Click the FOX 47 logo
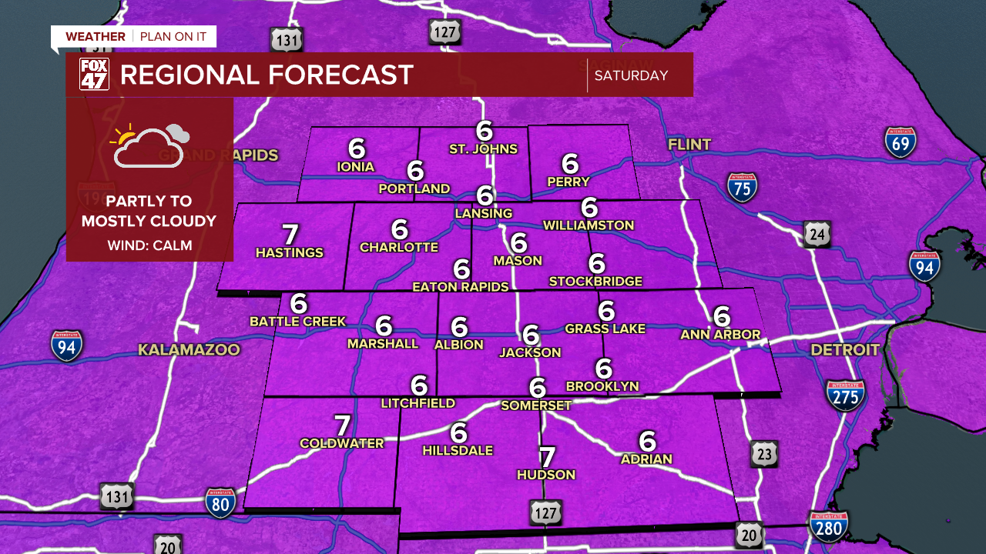coord(94,75)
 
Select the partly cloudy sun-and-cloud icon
coord(149,145)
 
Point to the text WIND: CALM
coord(149,245)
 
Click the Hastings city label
coord(290,252)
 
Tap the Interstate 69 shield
coord(900,142)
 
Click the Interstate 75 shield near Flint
coord(742,187)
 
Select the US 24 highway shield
coord(817,234)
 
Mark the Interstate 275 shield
coord(845,395)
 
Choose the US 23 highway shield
coord(763,453)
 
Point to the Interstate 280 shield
coord(828,526)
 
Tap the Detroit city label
coord(844,350)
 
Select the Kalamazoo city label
coord(189,350)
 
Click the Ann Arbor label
coord(720,335)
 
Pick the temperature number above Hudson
coord(546,457)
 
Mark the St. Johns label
coord(483,149)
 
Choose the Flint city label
coord(689,145)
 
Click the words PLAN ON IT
coord(173,37)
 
